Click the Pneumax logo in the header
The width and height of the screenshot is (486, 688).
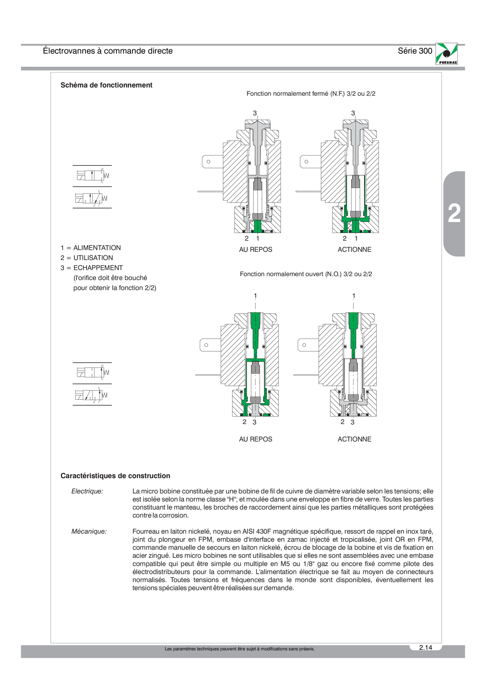[446, 54]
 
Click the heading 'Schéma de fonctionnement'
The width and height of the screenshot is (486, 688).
[106, 85]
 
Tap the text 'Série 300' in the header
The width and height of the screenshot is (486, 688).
[415, 51]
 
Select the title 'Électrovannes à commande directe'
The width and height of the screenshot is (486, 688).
[108, 51]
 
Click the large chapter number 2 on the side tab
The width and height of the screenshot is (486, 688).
[454, 214]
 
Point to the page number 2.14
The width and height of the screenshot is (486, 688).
[426, 647]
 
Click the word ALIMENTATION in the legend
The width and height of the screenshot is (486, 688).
[97, 248]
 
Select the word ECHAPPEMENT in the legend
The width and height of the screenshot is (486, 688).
[98, 268]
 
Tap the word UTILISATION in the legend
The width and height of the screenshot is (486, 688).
[93, 258]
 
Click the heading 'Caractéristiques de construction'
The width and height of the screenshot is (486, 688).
[115, 476]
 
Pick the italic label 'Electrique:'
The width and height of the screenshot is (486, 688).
[87, 491]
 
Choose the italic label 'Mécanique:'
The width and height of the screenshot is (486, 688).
[89, 531]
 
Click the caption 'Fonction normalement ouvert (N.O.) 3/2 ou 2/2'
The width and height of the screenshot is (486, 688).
[306, 274]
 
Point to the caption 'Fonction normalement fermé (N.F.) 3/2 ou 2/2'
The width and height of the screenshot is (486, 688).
[311, 94]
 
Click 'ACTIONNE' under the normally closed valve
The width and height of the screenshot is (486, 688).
[354, 249]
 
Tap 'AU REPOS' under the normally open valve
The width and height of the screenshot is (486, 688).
[256, 439]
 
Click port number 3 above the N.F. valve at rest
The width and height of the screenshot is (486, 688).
[255, 113]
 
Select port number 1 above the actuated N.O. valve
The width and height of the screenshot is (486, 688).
[354, 296]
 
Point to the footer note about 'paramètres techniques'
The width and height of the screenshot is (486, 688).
[239, 649]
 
